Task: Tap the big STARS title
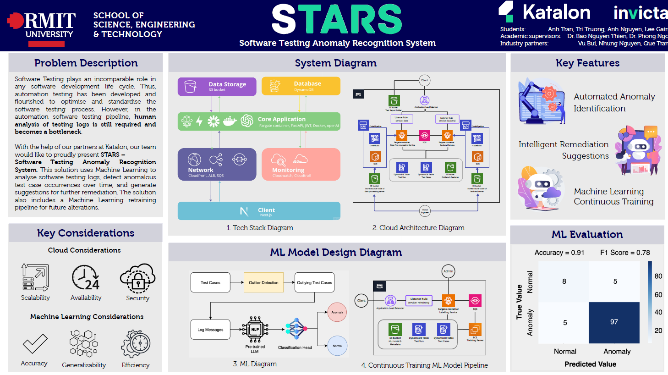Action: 337,20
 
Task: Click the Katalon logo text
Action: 556,12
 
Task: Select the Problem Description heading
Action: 86,63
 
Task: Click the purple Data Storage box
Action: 217,86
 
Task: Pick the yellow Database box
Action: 301,86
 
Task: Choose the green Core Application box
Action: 259,121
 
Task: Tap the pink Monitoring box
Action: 301,164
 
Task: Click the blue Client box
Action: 259,211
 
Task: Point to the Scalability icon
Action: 35,277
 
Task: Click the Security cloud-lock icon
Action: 137,278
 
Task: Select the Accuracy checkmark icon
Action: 35,343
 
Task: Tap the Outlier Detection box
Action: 263,282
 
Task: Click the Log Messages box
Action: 210,329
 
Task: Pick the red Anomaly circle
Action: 337,312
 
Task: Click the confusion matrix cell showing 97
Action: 614,322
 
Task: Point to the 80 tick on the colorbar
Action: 658,276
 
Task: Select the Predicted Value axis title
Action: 590,364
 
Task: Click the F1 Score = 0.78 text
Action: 625,253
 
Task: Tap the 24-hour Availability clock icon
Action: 86,278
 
